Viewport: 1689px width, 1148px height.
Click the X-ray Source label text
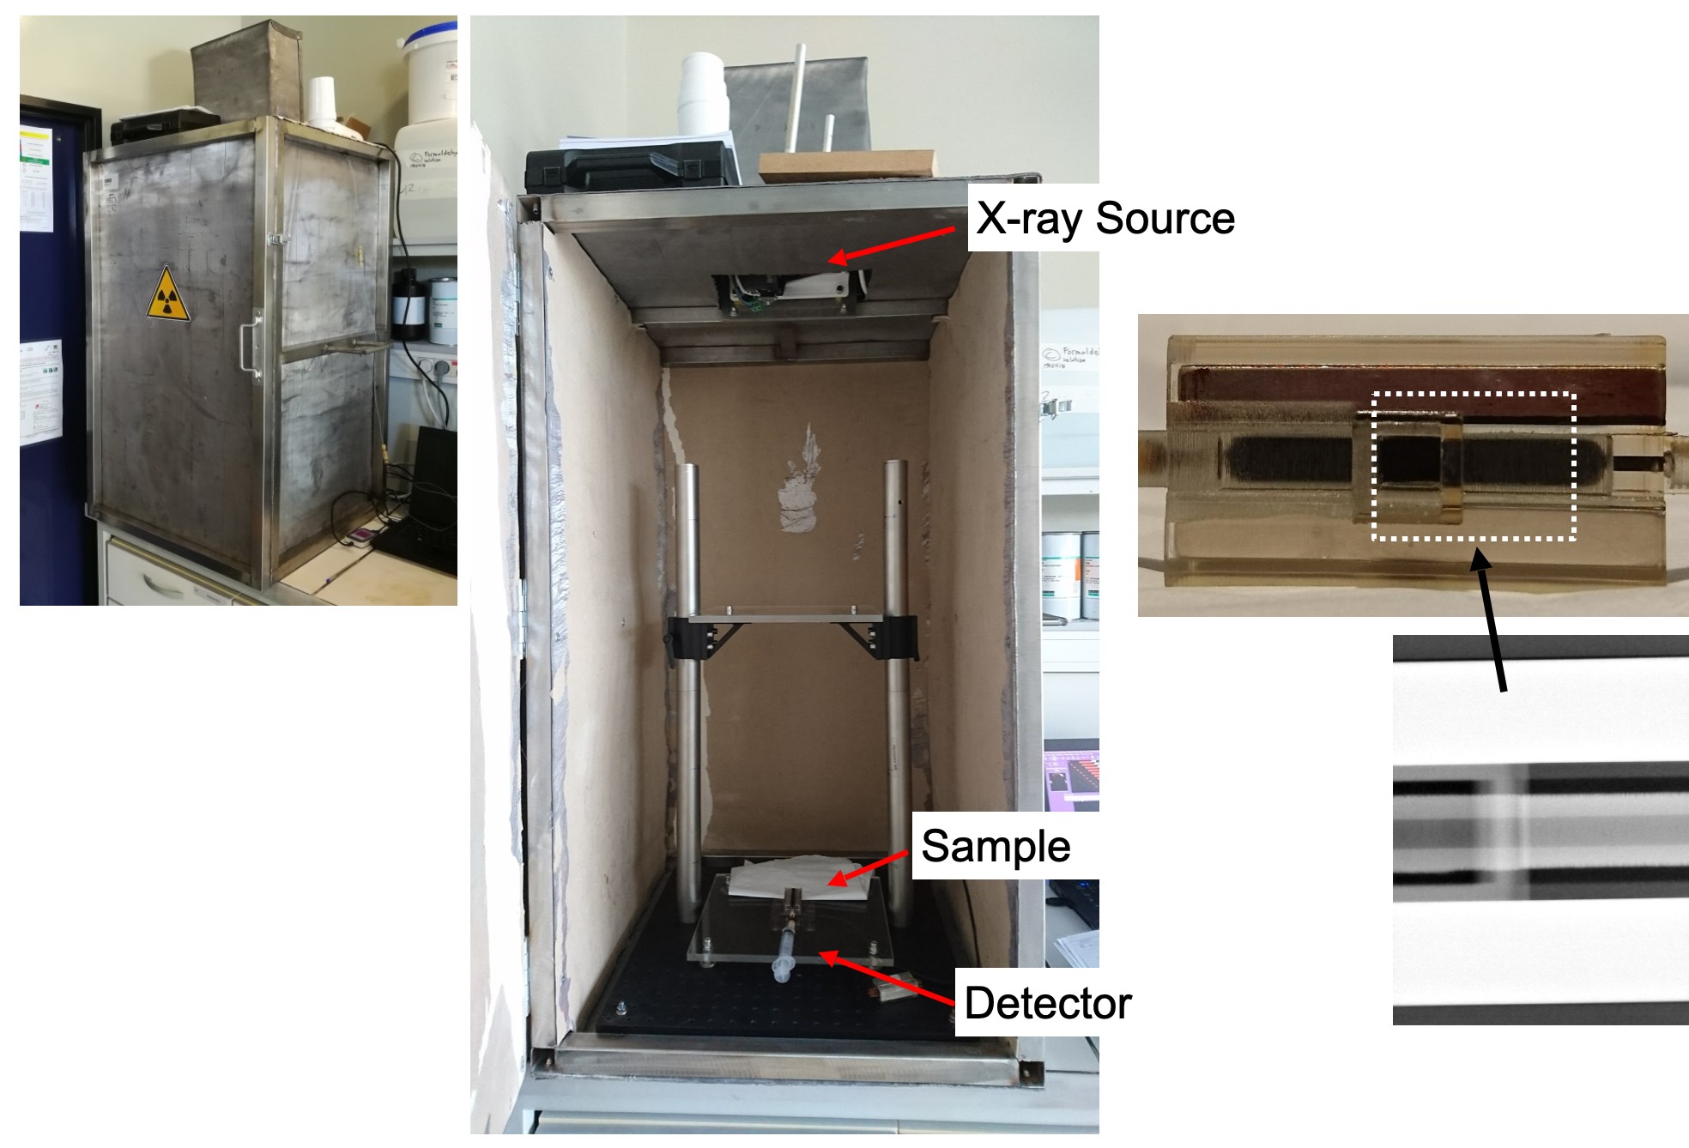pos(1105,218)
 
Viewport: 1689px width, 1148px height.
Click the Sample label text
pos(996,847)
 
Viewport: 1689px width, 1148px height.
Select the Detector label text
pos(1047,1003)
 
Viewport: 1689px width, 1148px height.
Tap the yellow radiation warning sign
pos(168,295)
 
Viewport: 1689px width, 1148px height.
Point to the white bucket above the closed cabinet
pos(429,73)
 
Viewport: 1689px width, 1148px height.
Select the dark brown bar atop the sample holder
pos(1416,386)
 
